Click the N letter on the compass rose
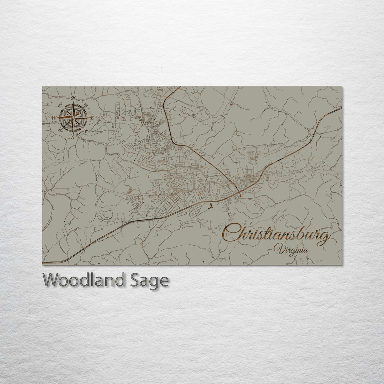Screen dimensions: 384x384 point(73,98)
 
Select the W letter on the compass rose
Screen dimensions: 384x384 point(54,117)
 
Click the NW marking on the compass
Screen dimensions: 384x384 point(60,105)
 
